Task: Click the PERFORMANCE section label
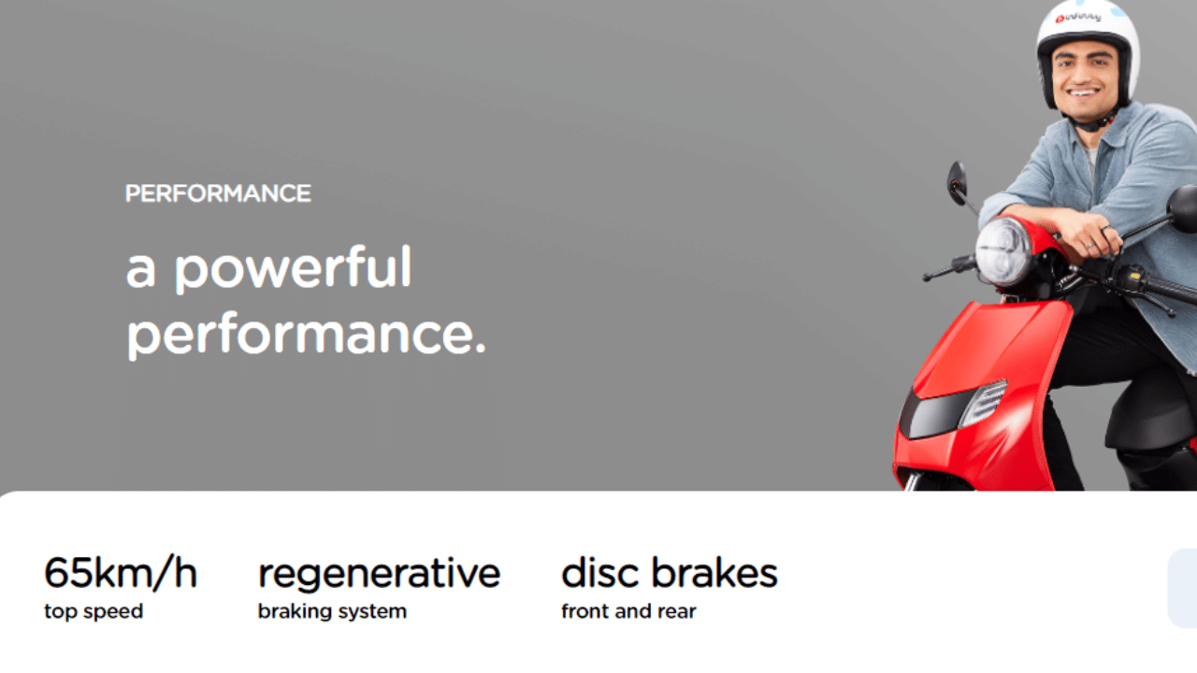218,193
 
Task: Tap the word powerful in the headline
294,269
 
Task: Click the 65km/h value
121,573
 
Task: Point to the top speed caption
94,611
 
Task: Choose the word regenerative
379,575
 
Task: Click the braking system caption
332,611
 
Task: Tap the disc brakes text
669,573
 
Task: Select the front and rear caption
628,611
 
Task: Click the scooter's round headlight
1002,251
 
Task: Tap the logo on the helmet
1078,18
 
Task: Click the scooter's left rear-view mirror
957,183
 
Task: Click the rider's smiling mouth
1083,93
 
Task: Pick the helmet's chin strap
1093,122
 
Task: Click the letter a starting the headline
140,271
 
